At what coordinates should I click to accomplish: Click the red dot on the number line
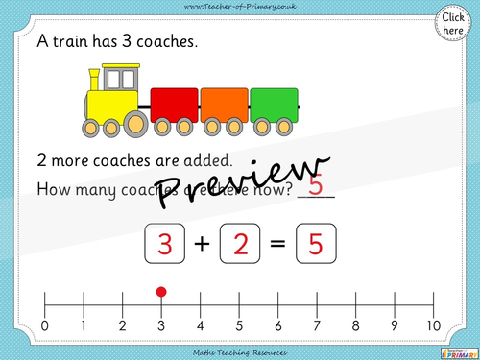(161, 291)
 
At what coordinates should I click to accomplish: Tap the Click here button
(451, 23)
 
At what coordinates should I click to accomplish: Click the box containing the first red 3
(164, 246)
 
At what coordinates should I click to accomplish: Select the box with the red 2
(240, 246)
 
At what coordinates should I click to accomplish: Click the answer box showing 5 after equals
(316, 246)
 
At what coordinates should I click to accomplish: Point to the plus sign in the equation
(203, 246)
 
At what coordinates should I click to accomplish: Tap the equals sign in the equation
(278, 246)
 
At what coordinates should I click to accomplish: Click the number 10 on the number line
(434, 325)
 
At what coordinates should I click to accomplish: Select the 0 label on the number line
(45, 325)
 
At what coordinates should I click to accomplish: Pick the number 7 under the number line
(317, 325)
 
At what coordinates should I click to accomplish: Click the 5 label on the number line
(239, 325)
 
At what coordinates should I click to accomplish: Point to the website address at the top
(240, 7)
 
